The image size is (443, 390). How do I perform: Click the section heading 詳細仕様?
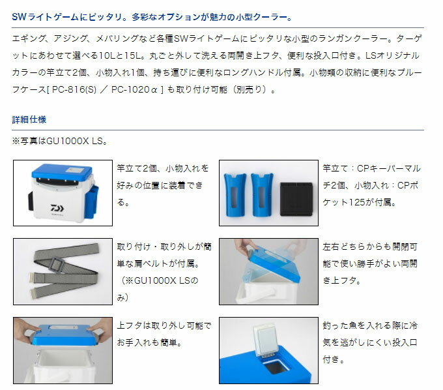click(x=29, y=120)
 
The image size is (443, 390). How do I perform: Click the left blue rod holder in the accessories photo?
click(x=237, y=194)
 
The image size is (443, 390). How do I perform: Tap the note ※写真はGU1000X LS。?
click(x=59, y=140)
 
